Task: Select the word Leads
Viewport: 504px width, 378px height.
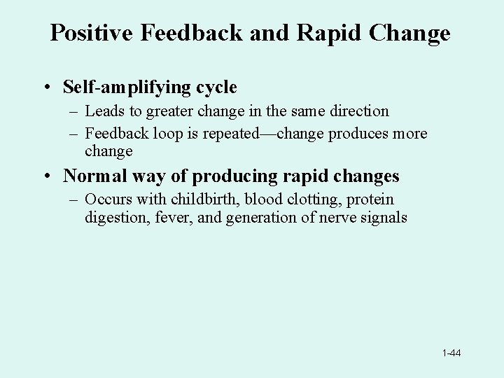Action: click(x=104, y=111)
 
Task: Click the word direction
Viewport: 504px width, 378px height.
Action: click(x=356, y=111)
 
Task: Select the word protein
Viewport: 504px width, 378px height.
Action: click(x=368, y=199)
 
